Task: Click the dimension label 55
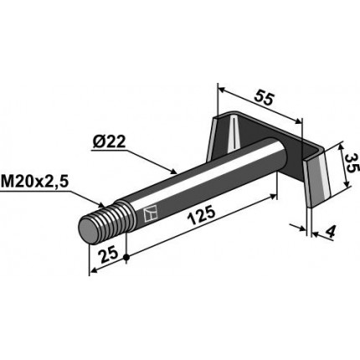click(265, 98)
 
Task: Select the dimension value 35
click(352, 164)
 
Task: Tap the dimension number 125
click(202, 215)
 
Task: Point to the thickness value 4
click(330, 232)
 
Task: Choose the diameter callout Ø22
click(110, 143)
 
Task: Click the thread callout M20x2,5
click(34, 183)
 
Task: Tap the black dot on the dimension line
click(126, 258)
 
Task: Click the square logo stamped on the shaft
click(151, 214)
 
